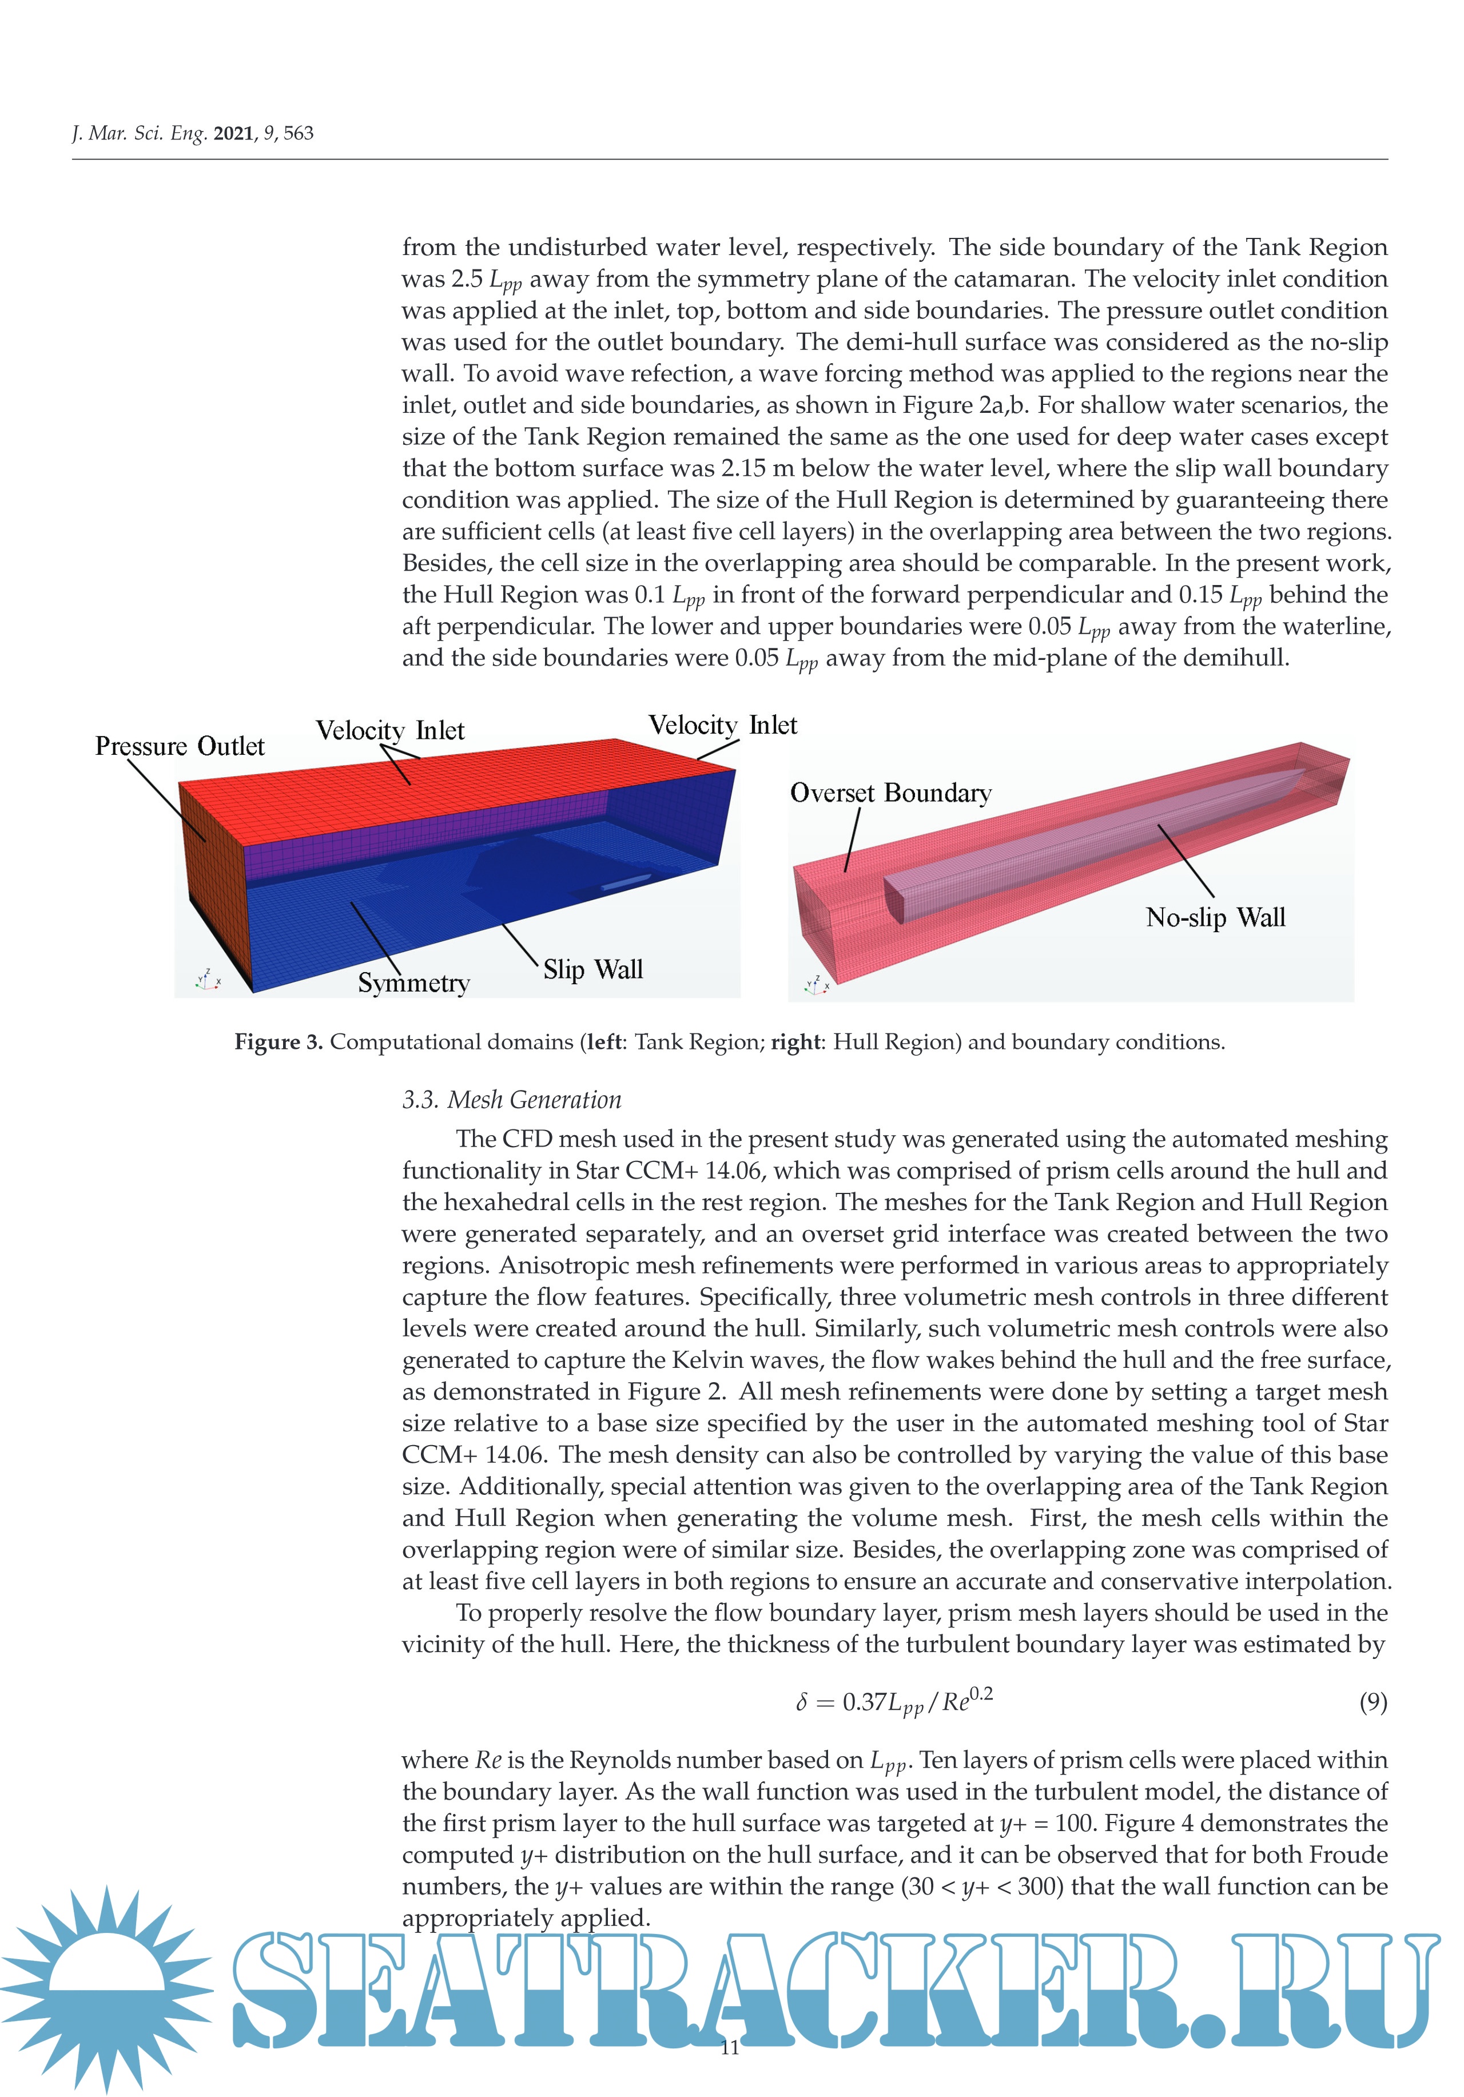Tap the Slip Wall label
(x=592, y=969)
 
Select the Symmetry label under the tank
(x=413, y=983)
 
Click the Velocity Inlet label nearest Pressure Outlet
(x=390, y=731)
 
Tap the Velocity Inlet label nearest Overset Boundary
(x=722, y=725)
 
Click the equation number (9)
(x=1372, y=1701)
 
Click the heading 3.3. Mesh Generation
(x=511, y=1100)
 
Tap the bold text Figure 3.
(x=279, y=1042)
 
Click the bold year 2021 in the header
(x=233, y=133)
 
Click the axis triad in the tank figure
(x=208, y=980)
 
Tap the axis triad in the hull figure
(x=815, y=985)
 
